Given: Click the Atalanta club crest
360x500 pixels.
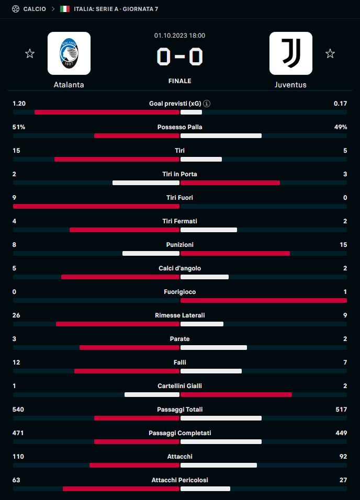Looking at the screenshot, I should [x=69, y=53].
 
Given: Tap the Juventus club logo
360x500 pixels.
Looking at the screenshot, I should [x=290, y=53].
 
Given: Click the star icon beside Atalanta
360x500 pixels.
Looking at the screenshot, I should [x=30, y=53].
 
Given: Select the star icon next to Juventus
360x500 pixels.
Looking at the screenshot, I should [x=330, y=53].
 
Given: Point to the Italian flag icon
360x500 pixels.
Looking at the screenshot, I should [x=65, y=9].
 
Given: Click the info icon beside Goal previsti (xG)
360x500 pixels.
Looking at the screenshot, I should [x=207, y=104].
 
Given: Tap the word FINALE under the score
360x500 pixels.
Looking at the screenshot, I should [x=179, y=81].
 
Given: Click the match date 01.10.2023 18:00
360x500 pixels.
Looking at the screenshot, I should [x=179, y=36].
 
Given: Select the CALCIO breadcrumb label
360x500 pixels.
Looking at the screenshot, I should [x=35, y=9].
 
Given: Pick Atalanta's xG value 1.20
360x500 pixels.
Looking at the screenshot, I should [x=19, y=104].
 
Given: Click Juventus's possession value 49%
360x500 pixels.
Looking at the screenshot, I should [x=341, y=127].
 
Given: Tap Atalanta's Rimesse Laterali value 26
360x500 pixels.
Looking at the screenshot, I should [x=16, y=315].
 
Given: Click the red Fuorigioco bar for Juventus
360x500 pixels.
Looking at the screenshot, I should [x=264, y=301].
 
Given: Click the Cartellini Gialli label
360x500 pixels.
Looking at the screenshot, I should [x=179, y=386].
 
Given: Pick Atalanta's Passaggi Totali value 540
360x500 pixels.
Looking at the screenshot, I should [x=18, y=410].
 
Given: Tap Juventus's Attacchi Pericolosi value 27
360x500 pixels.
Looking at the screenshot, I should [x=343, y=480].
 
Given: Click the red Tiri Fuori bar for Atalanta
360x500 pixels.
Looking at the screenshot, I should [x=96, y=207].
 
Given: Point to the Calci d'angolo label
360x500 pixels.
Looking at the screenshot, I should [x=179, y=268].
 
